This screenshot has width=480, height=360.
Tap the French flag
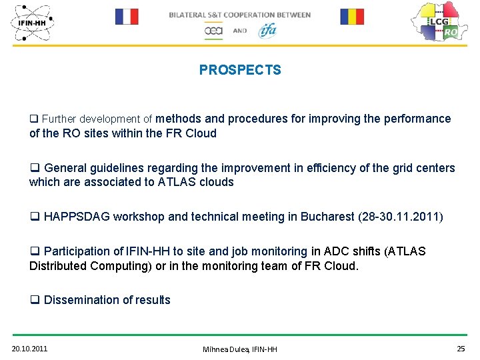pyautogui.click(x=126, y=17)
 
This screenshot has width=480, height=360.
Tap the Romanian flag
pyautogui.click(x=352, y=17)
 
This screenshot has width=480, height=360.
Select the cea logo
pyautogui.click(x=213, y=31)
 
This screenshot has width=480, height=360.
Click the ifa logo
pyautogui.click(x=267, y=30)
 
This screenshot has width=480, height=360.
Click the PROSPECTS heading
pyautogui.click(x=240, y=70)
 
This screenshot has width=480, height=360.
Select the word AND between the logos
pyautogui.click(x=240, y=31)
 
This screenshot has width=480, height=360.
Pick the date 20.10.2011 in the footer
pyautogui.click(x=29, y=349)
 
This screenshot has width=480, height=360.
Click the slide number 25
pyautogui.click(x=461, y=349)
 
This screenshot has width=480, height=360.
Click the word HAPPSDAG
pyautogui.click(x=77, y=217)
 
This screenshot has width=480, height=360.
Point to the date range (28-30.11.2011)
pyautogui.click(x=401, y=217)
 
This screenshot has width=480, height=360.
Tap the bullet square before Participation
pyautogui.click(x=34, y=252)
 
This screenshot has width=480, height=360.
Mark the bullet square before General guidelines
pyautogui.click(x=34, y=169)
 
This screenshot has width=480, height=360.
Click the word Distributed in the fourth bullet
pyautogui.click(x=58, y=266)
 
